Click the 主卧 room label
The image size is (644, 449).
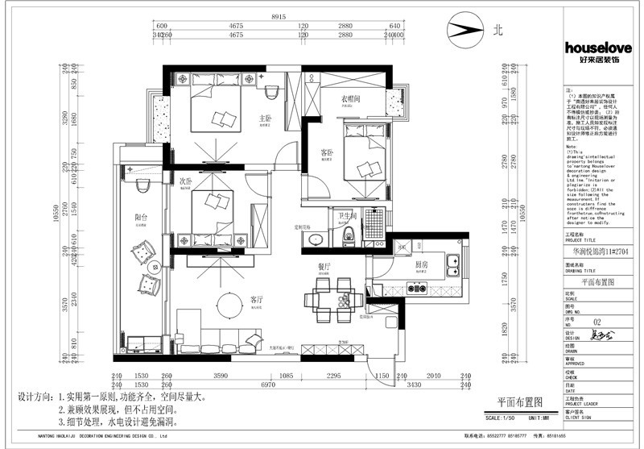pos(264,119)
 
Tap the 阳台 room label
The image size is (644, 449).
pos(140,216)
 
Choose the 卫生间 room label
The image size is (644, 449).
pos(348,215)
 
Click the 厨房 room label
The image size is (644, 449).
pos(420,264)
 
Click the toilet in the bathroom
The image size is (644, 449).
pos(348,235)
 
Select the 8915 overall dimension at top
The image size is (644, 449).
pos(279,16)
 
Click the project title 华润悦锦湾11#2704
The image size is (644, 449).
pos(597,251)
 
